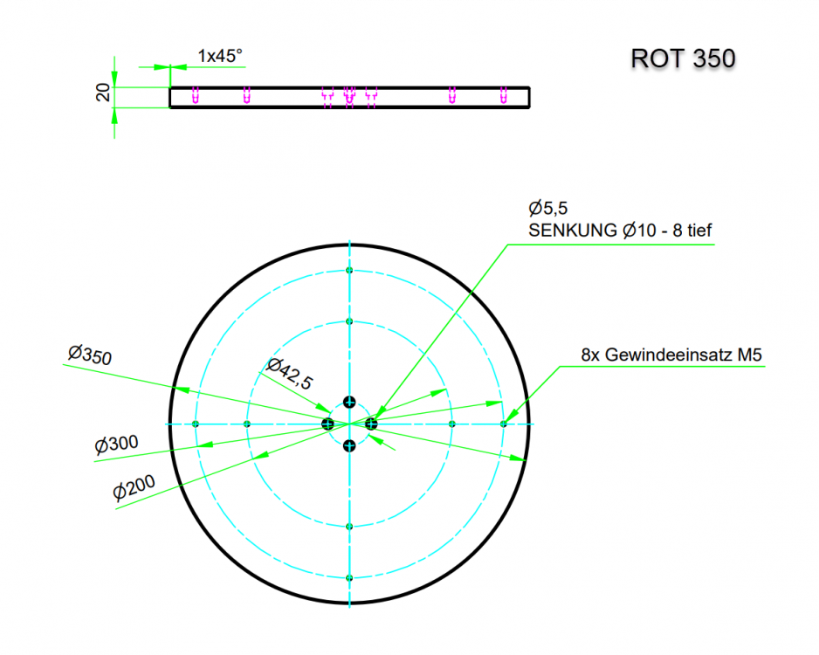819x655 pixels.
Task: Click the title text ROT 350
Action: pos(683,59)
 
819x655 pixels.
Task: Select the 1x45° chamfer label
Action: pos(220,56)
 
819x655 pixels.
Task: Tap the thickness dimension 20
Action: pos(103,93)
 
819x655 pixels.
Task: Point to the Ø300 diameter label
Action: pos(116,445)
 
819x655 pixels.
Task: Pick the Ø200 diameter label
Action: pos(134,490)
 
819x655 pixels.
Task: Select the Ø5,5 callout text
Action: pos(548,209)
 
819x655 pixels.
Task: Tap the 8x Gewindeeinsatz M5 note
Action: pos(671,355)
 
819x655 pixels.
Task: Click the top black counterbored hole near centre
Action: pos(349,402)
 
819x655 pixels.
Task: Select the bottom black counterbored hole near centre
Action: pos(349,446)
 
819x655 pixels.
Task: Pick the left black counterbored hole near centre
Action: pos(327,424)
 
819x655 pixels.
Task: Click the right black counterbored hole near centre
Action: pos(371,424)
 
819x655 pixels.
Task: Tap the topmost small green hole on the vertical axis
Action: pos(349,271)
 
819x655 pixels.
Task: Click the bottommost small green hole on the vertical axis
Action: pos(349,578)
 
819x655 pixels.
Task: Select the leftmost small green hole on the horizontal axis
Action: pos(196,424)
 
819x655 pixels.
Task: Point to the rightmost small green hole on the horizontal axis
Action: pos(504,424)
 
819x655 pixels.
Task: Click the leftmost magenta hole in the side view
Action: pos(195,94)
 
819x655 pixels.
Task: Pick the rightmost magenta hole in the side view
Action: pos(504,94)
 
